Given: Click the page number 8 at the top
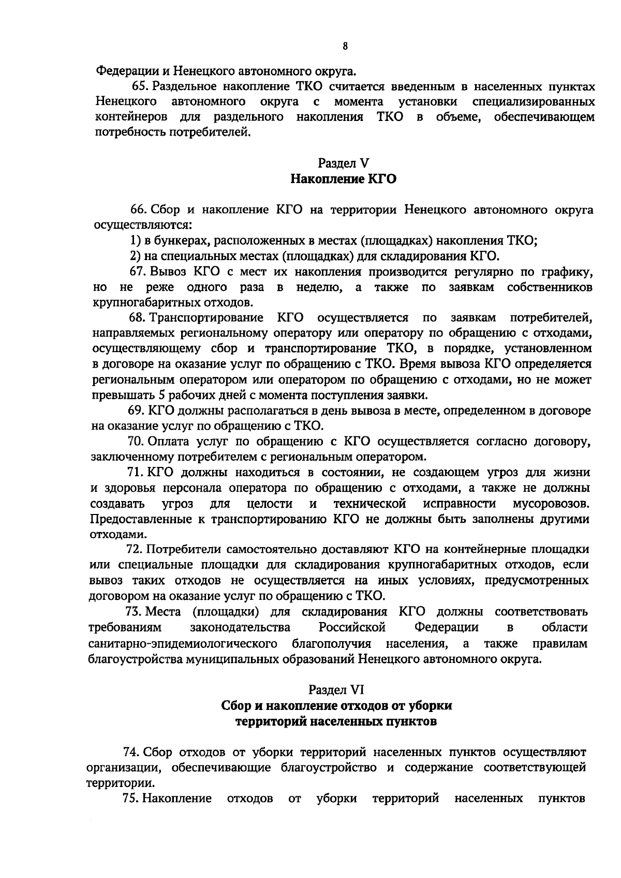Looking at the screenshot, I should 345,47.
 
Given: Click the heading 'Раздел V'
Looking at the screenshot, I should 344,163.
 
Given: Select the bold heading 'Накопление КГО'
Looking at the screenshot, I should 344,179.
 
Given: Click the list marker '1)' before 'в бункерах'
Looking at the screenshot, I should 135,240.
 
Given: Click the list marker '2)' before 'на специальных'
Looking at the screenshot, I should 135,255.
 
